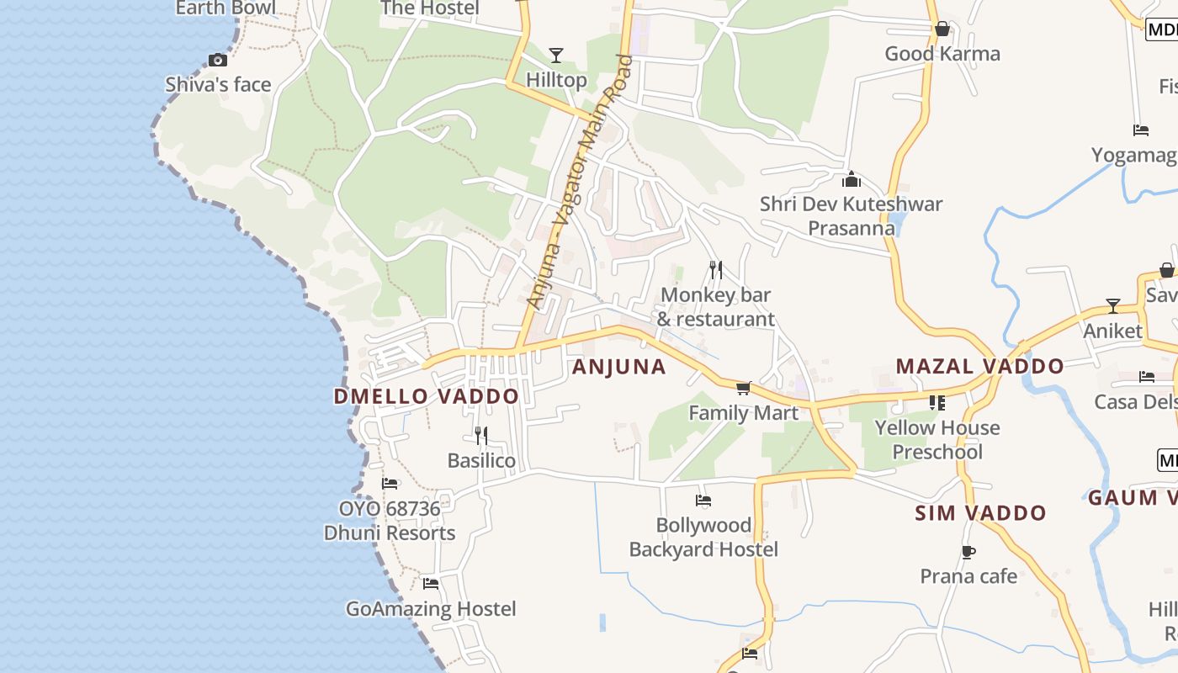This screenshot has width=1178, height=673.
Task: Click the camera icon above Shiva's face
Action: coord(218,60)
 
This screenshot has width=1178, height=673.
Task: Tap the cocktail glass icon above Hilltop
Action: coord(555,56)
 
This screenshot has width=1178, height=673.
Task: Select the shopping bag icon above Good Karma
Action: coord(942,29)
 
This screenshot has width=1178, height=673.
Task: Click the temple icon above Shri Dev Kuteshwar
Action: coord(852,179)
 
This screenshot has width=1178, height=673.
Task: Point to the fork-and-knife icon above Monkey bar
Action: coord(716,270)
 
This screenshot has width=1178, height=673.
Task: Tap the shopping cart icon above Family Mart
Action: coord(743,388)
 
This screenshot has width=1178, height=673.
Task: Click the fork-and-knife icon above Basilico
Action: coord(481,436)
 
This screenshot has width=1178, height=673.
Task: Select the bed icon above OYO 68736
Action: coord(390,484)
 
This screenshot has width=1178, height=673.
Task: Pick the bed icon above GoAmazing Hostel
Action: coord(432,584)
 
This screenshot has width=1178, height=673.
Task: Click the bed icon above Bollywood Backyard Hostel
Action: coord(703,501)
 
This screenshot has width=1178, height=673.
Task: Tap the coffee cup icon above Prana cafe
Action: coord(968,552)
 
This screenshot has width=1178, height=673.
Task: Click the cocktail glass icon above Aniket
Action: coord(1113,306)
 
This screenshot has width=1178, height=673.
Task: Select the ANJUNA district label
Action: coord(618,367)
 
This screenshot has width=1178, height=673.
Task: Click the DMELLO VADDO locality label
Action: coord(427,396)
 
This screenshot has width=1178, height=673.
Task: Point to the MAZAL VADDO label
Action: coord(979,366)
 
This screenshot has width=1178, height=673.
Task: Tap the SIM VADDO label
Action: coord(980,513)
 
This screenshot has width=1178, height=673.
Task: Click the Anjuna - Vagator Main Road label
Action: coord(578,181)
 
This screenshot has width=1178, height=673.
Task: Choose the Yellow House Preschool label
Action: coord(937,440)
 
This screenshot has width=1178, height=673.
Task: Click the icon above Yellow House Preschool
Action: coord(937,403)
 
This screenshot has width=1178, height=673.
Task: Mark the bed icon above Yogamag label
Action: coord(1141,130)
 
